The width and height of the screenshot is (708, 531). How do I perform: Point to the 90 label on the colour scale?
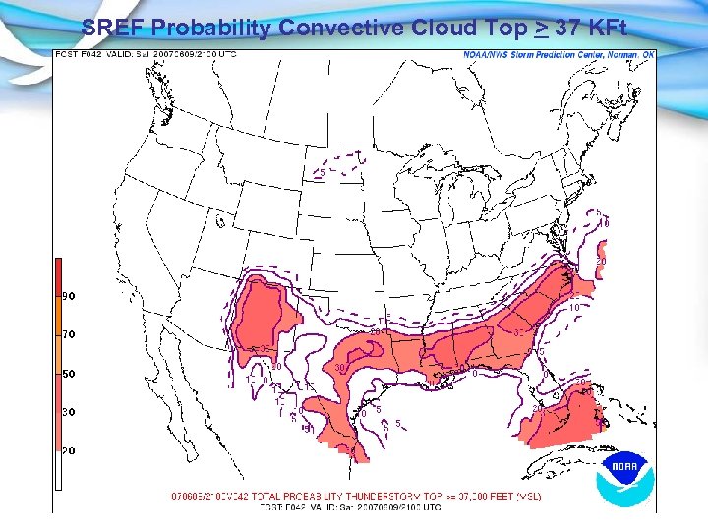pyautogui.click(x=70, y=296)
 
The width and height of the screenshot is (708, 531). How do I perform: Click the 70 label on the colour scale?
pyautogui.click(x=70, y=334)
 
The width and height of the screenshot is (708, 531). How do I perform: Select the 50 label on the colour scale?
pyautogui.click(x=70, y=374)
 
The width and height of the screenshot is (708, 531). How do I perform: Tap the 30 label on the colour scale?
pyautogui.click(x=70, y=412)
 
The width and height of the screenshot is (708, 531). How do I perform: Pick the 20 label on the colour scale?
pyautogui.click(x=70, y=450)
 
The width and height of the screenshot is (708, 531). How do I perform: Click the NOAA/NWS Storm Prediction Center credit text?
pyautogui.click(x=559, y=55)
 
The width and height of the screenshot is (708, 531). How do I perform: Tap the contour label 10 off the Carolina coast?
pyautogui.click(x=573, y=307)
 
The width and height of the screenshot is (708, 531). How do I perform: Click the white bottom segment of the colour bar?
pyautogui.click(x=58, y=472)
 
